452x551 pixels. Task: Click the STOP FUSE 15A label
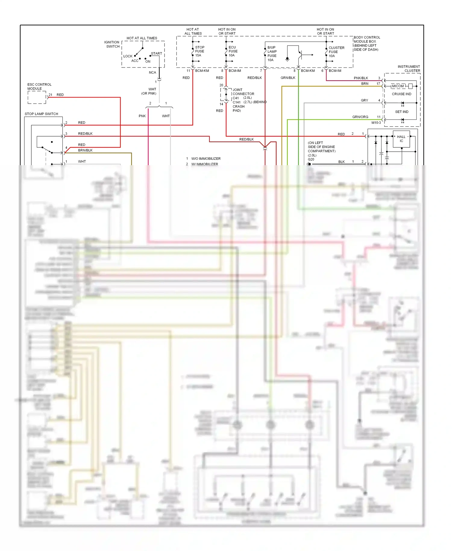coord(199,51)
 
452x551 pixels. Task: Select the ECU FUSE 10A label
coord(233,51)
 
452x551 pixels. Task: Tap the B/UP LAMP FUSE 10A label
coord(272,54)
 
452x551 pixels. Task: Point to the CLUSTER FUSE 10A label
coord(336,52)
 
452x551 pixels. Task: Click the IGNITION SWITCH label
coord(112,44)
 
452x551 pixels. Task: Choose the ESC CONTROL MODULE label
coord(39,87)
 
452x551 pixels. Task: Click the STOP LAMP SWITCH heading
coord(41,114)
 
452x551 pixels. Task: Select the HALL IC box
coord(401,139)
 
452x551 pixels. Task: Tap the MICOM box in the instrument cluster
coord(398,86)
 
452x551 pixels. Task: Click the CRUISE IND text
coord(401,94)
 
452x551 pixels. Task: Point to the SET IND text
coord(402,112)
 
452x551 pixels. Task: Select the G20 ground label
coord(311,159)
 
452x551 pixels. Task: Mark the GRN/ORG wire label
coord(360,117)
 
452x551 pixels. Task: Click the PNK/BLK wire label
coord(361,78)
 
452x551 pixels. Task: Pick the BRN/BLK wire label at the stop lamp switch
coord(85,150)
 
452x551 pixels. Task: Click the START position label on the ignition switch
coord(156,54)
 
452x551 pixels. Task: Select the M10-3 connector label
coord(376,123)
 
